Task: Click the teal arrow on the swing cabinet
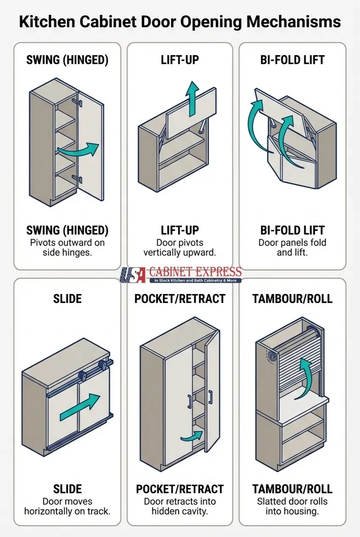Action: click(x=78, y=150)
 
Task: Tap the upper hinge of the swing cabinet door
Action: click(x=76, y=102)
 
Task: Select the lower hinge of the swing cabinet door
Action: click(x=76, y=178)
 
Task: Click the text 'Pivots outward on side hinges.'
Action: click(x=67, y=247)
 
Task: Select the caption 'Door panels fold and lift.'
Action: click(x=292, y=247)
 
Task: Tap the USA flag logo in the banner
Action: click(x=133, y=275)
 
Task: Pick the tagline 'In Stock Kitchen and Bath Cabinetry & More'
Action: click(x=195, y=281)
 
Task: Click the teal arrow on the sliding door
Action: click(x=80, y=407)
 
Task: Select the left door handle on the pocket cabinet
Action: click(x=189, y=401)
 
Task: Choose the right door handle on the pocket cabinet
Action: click(x=210, y=397)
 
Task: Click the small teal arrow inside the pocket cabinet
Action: click(x=191, y=436)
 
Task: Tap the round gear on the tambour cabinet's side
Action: click(x=269, y=357)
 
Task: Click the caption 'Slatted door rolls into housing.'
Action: click(x=292, y=506)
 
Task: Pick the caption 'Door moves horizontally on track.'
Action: click(x=67, y=506)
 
